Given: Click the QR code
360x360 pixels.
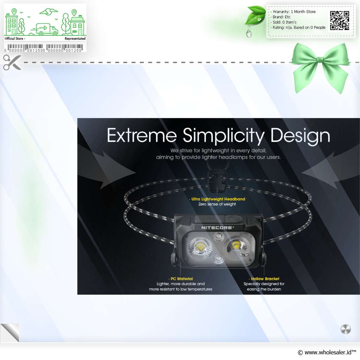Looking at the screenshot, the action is pyautogui.click(x=340, y=21).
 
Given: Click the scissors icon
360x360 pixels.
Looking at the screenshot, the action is pyautogui.click(x=12, y=62).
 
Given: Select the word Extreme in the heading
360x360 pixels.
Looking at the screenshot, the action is pyautogui.click(x=142, y=135).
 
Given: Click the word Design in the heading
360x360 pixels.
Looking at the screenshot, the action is pyautogui.click(x=300, y=136).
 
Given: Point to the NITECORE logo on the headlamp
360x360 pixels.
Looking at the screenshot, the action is pyautogui.click(x=217, y=227).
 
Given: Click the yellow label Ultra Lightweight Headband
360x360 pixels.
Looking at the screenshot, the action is pyautogui.click(x=218, y=199).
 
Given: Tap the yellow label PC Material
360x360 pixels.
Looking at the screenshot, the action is pyautogui.click(x=182, y=279).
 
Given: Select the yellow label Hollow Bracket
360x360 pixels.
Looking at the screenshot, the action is pyautogui.click(x=265, y=279).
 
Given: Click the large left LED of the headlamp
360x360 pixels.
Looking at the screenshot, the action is pyautogui.click(x=200, y=248).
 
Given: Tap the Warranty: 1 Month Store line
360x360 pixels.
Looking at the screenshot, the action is pyautogui.click(x=294, y=12).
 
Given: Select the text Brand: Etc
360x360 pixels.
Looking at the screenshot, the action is pyautogui.click(x=282, y=17).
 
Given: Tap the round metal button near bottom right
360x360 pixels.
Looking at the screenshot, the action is pyautogui.click(x=346, y=329).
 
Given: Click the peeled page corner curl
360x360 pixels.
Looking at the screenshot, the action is pyautogui.click(x=10, y=333).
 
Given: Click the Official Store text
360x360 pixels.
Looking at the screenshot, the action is pyautogui.click(x=15, y=39).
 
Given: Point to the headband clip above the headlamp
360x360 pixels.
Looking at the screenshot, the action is pyautogui.click(x=217, y=182).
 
